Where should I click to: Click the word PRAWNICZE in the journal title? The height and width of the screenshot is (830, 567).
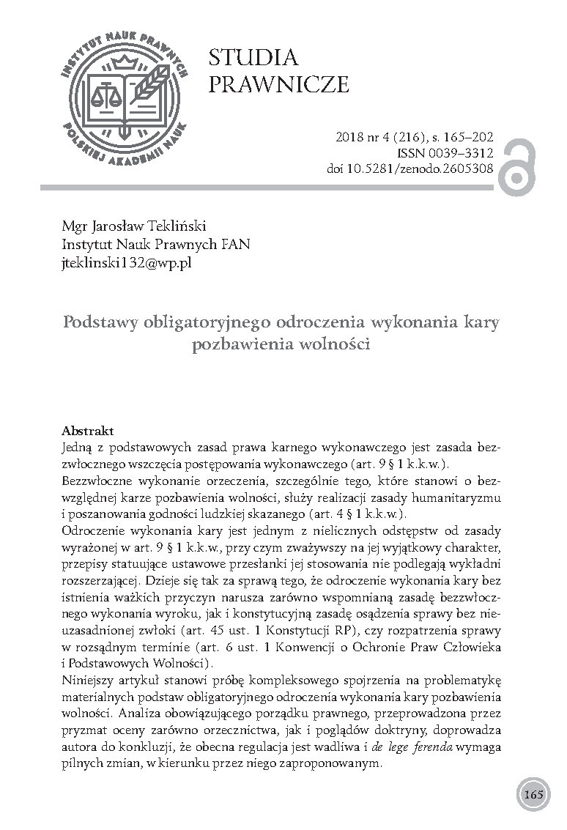coord(278,85)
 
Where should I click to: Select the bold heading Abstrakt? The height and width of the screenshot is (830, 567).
coord(88,431)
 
